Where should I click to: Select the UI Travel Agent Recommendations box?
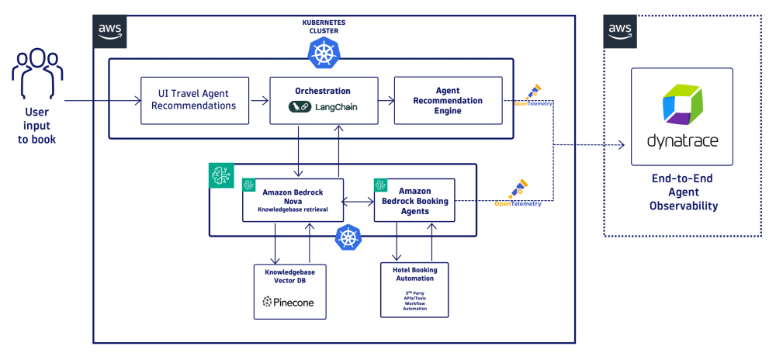195,100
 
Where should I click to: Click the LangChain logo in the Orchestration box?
323,107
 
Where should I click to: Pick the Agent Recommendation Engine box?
448,100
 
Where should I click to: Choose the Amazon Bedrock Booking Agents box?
414,200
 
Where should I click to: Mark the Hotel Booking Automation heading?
414,275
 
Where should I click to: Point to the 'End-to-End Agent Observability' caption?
681,192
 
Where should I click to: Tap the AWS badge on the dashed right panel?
619,29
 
